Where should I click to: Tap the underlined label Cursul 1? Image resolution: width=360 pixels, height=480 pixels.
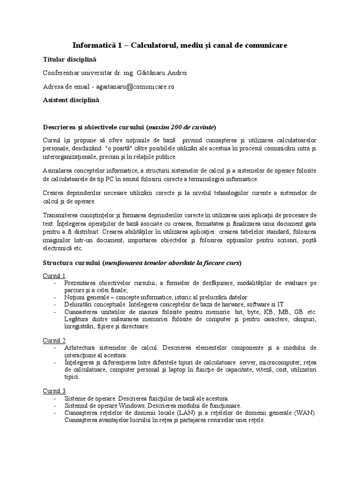[x=54, y=275]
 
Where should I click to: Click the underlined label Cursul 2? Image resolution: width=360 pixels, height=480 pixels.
[x=54, y=340]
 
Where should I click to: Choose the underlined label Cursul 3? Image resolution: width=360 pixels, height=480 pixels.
[x=54, y=390]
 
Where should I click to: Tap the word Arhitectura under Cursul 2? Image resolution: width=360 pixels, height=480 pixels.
[x=81, y=347]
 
